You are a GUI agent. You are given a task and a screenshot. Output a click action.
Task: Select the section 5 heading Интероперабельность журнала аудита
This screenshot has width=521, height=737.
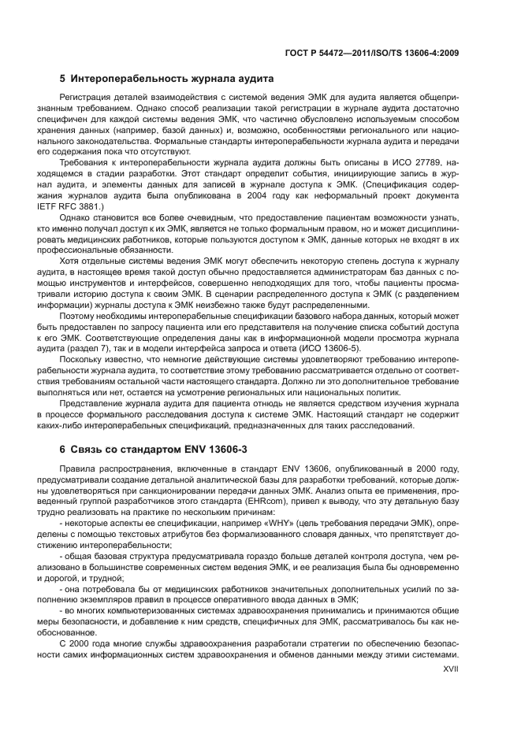(166, 80)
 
